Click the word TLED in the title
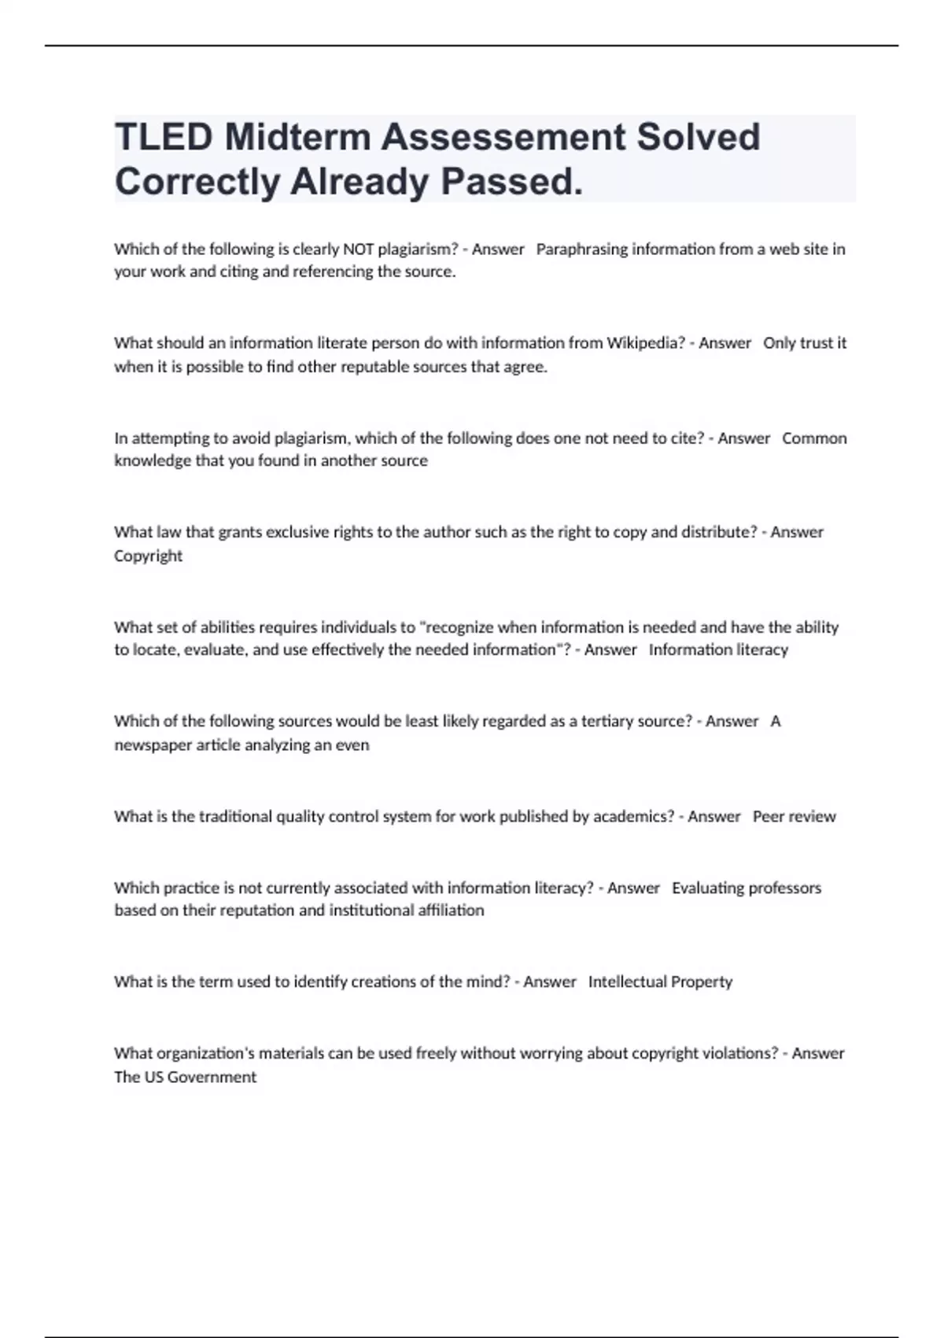coord(164,138)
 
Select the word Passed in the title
coord(511,182)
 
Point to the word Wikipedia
coord(646,343)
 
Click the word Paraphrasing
coord(581,249)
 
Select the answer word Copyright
coord(148,556)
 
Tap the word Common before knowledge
coord(814,438)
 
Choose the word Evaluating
coord(707,888)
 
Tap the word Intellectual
coord(626,981)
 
